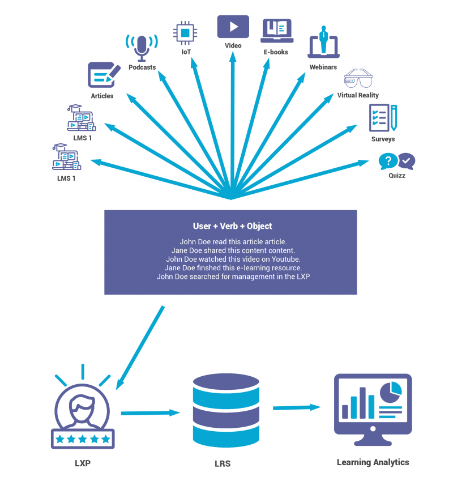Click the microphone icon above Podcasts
coord(142,47)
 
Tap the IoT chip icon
coord(185,32)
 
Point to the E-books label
coord(276,52)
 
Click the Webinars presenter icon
coord(323,42)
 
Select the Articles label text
coord(102,96)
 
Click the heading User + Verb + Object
coord(232,226)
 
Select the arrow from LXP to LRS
coord(149,413)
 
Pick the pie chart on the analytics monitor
coord(391,390)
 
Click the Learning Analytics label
coord(373,462)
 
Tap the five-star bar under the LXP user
coord(83,439)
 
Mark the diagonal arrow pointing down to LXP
coord(139,347)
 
